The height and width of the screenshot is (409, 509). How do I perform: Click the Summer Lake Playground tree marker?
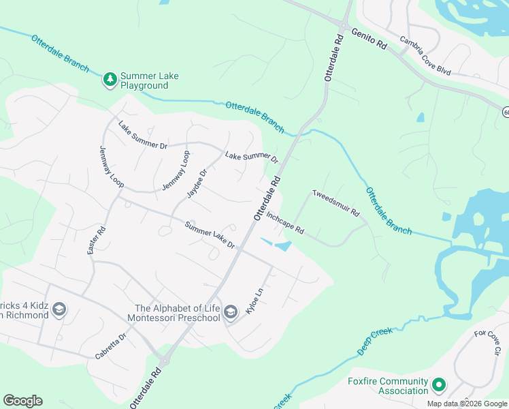coord(110,80)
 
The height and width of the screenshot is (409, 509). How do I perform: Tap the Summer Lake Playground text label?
coord(149,80)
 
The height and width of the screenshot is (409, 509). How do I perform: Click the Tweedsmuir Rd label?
coord(335,202)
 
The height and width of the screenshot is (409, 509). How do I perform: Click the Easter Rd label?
coord(96,241)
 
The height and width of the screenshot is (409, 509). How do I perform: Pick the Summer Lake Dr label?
coord(210,236)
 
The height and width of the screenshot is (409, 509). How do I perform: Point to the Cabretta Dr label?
coord(110,346)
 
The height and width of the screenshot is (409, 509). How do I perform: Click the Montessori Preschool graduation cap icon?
coord(231,312)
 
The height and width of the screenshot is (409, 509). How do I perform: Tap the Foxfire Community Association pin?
coord(439,386)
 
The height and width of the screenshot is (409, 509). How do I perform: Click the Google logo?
coord(22,401)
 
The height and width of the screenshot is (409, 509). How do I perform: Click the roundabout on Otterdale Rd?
coord(163,361)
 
